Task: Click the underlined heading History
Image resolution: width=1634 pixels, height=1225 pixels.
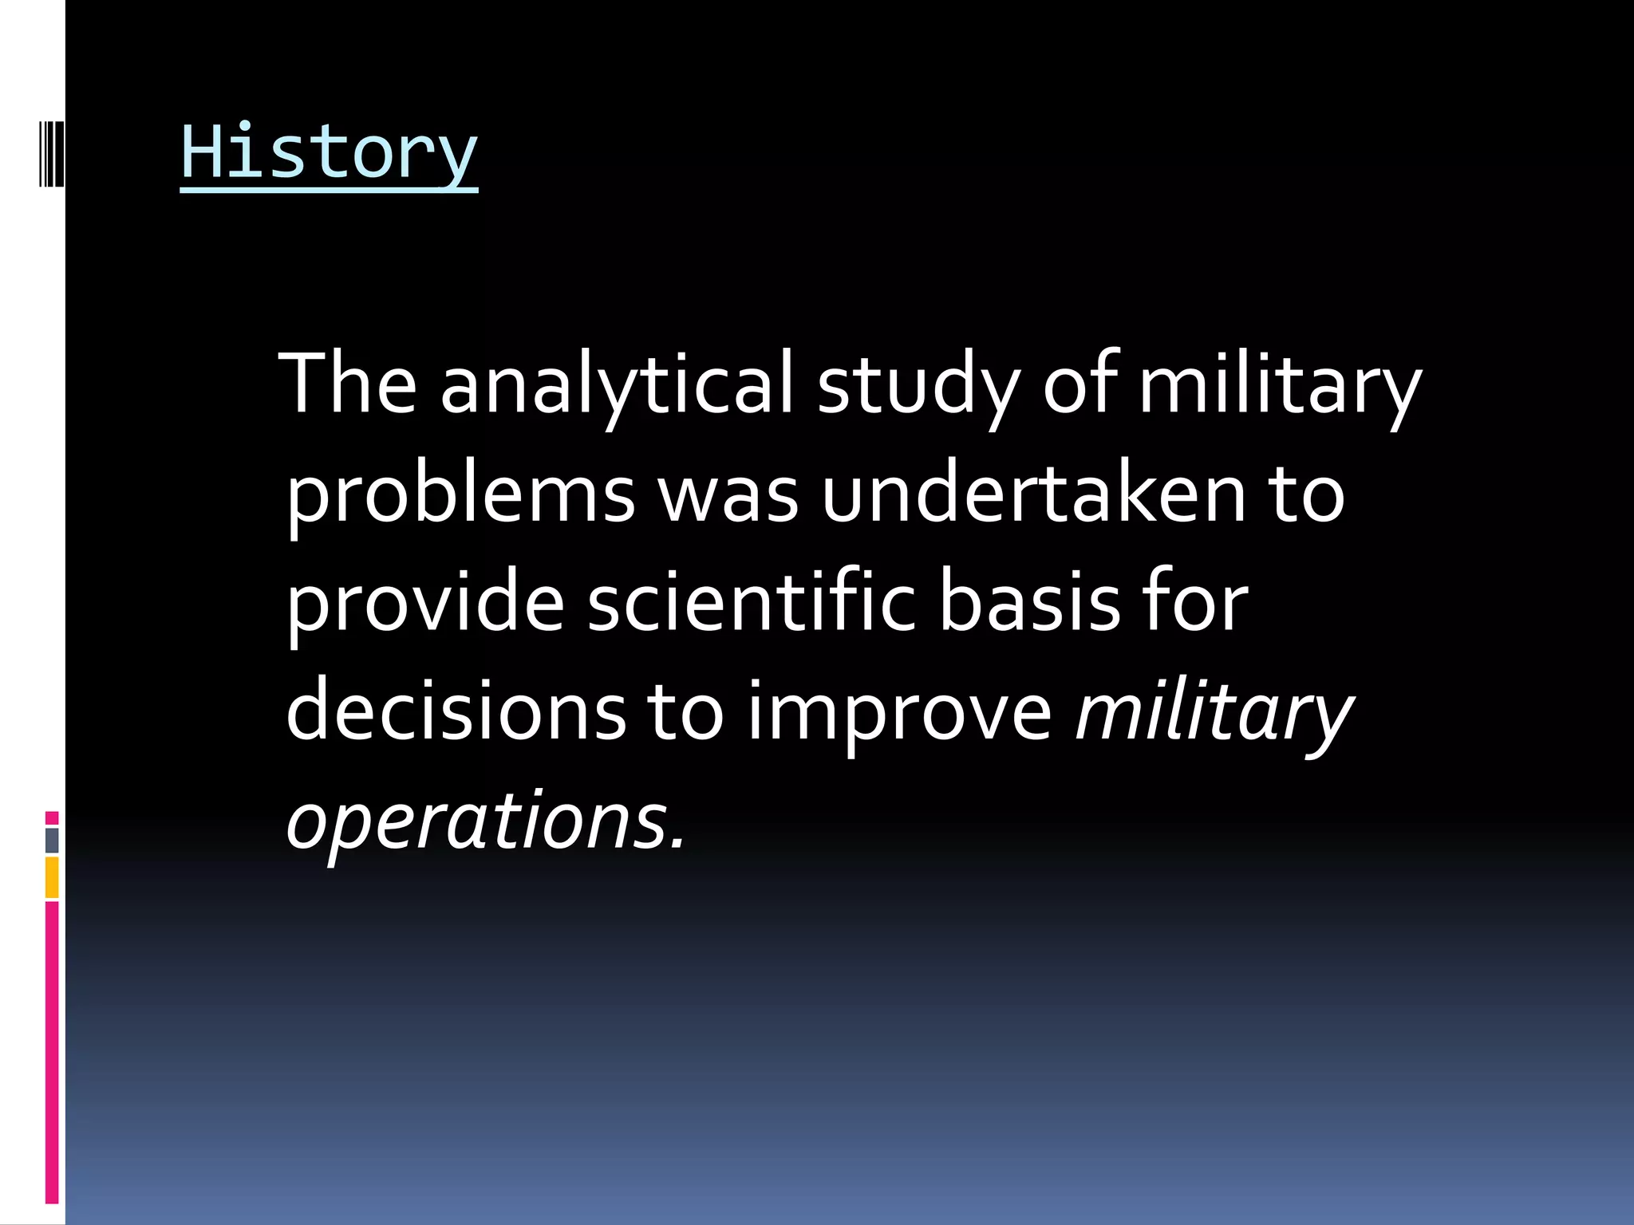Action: click(329, 153)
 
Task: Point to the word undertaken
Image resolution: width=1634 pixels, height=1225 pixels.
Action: click(1033, 494)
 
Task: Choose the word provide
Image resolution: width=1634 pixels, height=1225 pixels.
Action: click(425, 605)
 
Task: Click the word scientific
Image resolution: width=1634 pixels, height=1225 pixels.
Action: click(752, 603)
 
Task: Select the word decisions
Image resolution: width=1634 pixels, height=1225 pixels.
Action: click(456, 711)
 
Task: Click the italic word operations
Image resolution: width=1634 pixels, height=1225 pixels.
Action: click(477, 821)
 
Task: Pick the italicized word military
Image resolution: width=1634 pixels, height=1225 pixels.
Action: click(1214, 711)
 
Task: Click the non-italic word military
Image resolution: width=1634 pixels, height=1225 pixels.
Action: click(1279, 385)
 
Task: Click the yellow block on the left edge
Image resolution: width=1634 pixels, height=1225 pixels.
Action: click(52, 877)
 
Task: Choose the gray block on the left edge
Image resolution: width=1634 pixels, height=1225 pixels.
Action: click(52, 840)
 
